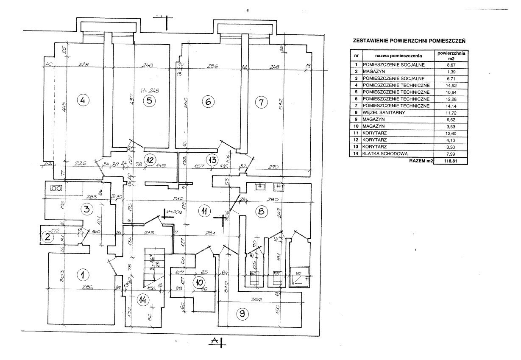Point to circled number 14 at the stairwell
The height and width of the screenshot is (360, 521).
tap(144, 300)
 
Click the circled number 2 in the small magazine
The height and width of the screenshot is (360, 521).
tap(48, 237)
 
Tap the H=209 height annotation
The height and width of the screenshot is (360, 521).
tap(174, 211)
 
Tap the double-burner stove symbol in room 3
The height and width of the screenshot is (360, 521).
tap(56, 188)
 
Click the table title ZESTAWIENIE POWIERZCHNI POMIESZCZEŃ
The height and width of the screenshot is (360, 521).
tap(410, 41)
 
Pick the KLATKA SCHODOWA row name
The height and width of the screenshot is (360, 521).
tap(379, 153)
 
